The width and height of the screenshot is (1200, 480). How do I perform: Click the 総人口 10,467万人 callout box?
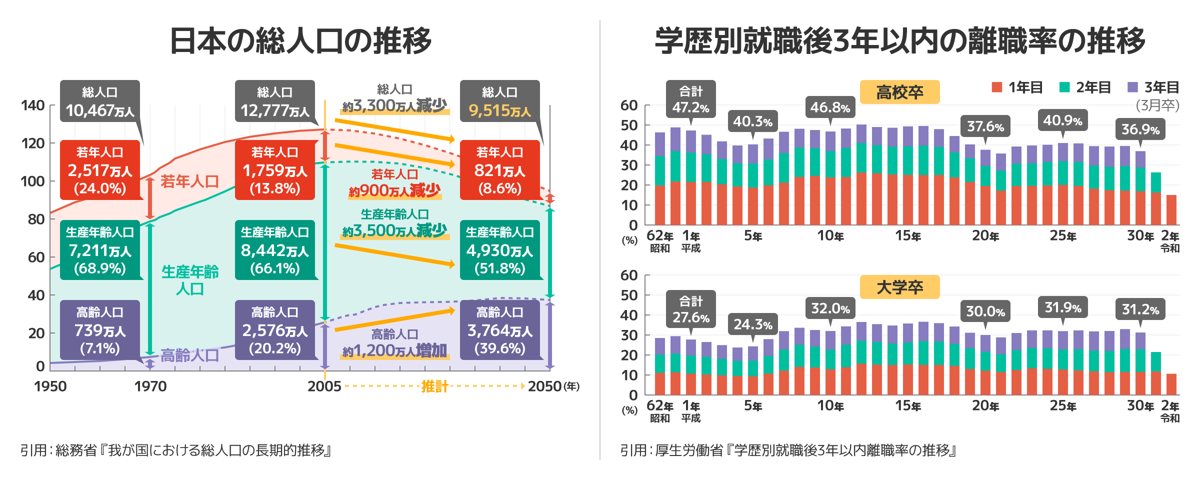(x=100, y=101)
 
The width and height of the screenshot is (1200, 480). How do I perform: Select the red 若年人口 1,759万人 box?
(x=275, y=170)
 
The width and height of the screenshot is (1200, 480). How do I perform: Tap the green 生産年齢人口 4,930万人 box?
(x=500, y=250)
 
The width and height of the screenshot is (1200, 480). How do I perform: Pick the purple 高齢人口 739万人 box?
(x=100, y=330)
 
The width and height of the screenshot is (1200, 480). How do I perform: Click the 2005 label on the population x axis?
(x=324, y=386)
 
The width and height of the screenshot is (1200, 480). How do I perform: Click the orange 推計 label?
(x=434, y=386)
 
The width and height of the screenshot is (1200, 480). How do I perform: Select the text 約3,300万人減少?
(x=394, y=105)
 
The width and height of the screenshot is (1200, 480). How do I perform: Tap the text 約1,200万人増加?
(x=394, y=350)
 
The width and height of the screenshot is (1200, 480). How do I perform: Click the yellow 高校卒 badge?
(x=899, y=92)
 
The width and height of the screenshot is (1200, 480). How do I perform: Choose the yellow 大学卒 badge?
(x=899, y=287)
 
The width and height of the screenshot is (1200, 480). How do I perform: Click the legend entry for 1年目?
(x=1017, y=87)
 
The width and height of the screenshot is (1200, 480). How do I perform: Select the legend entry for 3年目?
(x=1153, y=87)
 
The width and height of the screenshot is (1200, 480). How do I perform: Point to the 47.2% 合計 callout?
(x=691, y=99)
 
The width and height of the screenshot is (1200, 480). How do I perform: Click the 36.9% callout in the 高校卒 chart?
(x=1140, y=129)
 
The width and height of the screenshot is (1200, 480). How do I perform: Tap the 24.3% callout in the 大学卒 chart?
(x=752, y=324)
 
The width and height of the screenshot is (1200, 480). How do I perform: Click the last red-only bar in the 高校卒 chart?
(x=1171, y=210)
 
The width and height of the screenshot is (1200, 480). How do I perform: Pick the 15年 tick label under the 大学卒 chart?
(x=908, y=405)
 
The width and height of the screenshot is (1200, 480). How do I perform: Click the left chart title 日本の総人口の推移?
(x=300, y=41)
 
